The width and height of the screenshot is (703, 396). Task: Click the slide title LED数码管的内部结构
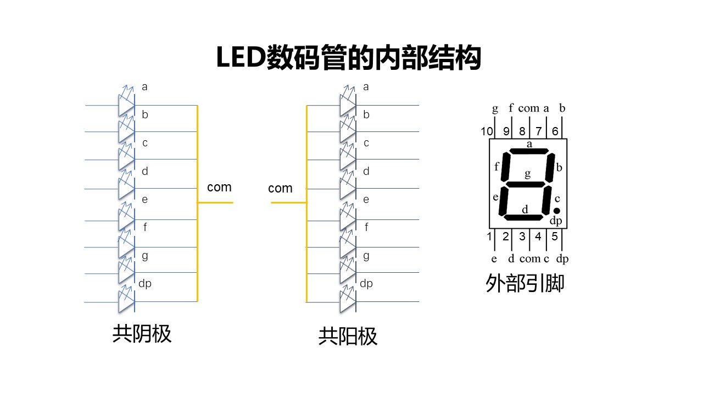[x=349, y=58]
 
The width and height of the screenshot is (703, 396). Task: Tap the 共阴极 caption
[x=142, y=334]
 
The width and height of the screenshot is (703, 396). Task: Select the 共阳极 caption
[x=348, y=337]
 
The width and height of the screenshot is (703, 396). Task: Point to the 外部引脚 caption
[x=525, y=284]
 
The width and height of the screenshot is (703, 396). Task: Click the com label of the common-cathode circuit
[x=219, y=188]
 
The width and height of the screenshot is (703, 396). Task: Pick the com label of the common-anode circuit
[x=280, y=189]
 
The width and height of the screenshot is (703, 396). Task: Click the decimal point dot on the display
[x=556, y=211]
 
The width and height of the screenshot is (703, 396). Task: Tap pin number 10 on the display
[x=487, y=131]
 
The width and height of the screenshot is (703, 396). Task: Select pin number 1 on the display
[x=489, y=237]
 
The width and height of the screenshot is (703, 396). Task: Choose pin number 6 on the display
[x=555, y=131]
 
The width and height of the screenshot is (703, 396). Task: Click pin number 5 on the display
[x=555, y=237]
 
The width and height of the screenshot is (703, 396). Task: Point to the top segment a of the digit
[x=529, y=151]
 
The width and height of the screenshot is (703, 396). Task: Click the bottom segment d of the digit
[x=522, y=218]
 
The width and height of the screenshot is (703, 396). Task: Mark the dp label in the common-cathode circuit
[x=144, y=284]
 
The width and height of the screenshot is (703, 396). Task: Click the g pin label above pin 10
[x=495, y=108]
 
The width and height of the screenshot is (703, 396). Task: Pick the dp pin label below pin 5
[x=562, y=258]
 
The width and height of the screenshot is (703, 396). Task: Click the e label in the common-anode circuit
[x=366, y=200]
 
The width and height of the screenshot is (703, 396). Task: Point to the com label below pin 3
[x=529, y=258]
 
